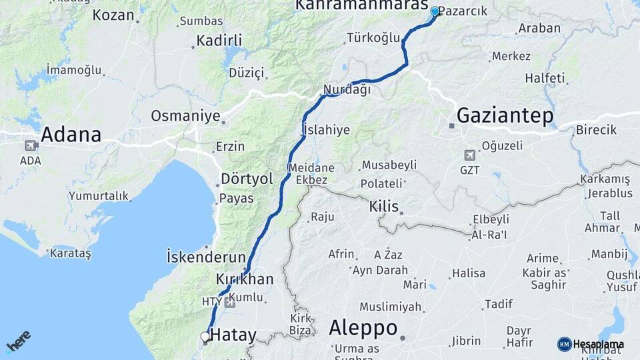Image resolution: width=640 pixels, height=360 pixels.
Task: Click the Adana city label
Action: [71, 135]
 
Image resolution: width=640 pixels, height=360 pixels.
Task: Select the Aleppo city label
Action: [363, 328]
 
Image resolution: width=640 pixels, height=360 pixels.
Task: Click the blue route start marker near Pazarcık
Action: [435, 11]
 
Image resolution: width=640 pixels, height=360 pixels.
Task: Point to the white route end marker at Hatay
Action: [206, 337]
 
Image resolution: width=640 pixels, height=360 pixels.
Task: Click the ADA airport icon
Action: [31, 145]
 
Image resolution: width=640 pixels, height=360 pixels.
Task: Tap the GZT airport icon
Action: [470, 155]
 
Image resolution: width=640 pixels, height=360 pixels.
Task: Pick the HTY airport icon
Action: [230, 302]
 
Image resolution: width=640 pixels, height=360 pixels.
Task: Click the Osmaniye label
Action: [185, 116]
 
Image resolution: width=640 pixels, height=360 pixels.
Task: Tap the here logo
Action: [18, 343]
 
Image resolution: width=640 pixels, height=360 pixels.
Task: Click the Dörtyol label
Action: [247, 179]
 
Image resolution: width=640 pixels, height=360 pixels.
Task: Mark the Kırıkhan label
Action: [245, 279]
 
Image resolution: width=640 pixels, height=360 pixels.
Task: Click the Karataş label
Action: [70, 253]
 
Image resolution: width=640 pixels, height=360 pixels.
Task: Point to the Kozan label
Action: [113, 15]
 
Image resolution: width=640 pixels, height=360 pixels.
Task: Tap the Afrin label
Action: [341, 254]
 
